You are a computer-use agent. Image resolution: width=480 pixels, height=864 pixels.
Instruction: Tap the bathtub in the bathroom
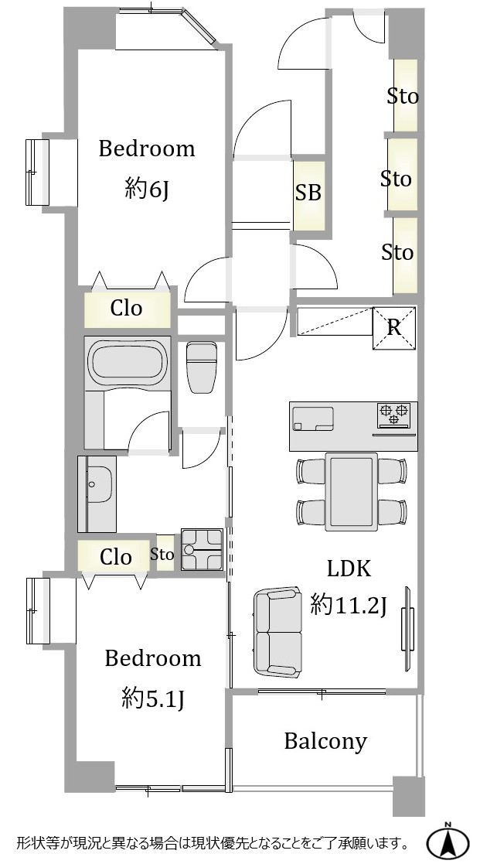click(128, 363)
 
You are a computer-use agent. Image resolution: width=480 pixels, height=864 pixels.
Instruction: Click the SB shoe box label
click(308, 193)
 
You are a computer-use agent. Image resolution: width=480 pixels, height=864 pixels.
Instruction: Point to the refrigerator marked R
click(394, 328)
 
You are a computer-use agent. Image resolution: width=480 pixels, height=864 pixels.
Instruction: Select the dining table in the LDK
click(351, 491)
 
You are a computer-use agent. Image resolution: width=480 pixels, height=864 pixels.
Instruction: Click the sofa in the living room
click(278, 631)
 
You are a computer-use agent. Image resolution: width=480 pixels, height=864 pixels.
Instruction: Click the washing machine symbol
click(202, 550)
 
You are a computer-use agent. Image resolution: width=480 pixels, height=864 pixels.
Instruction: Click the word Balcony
click(325, 742)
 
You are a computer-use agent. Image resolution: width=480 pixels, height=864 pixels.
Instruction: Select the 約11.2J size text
click(349, 606)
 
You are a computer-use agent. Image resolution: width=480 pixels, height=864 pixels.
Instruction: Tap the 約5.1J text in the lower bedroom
click(152, 699)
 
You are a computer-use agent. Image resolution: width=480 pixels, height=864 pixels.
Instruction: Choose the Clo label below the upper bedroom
click(127, 308)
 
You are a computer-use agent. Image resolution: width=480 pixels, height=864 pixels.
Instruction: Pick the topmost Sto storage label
click(403, 97)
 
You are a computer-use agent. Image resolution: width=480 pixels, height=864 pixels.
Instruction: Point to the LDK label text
click(349, 569)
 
